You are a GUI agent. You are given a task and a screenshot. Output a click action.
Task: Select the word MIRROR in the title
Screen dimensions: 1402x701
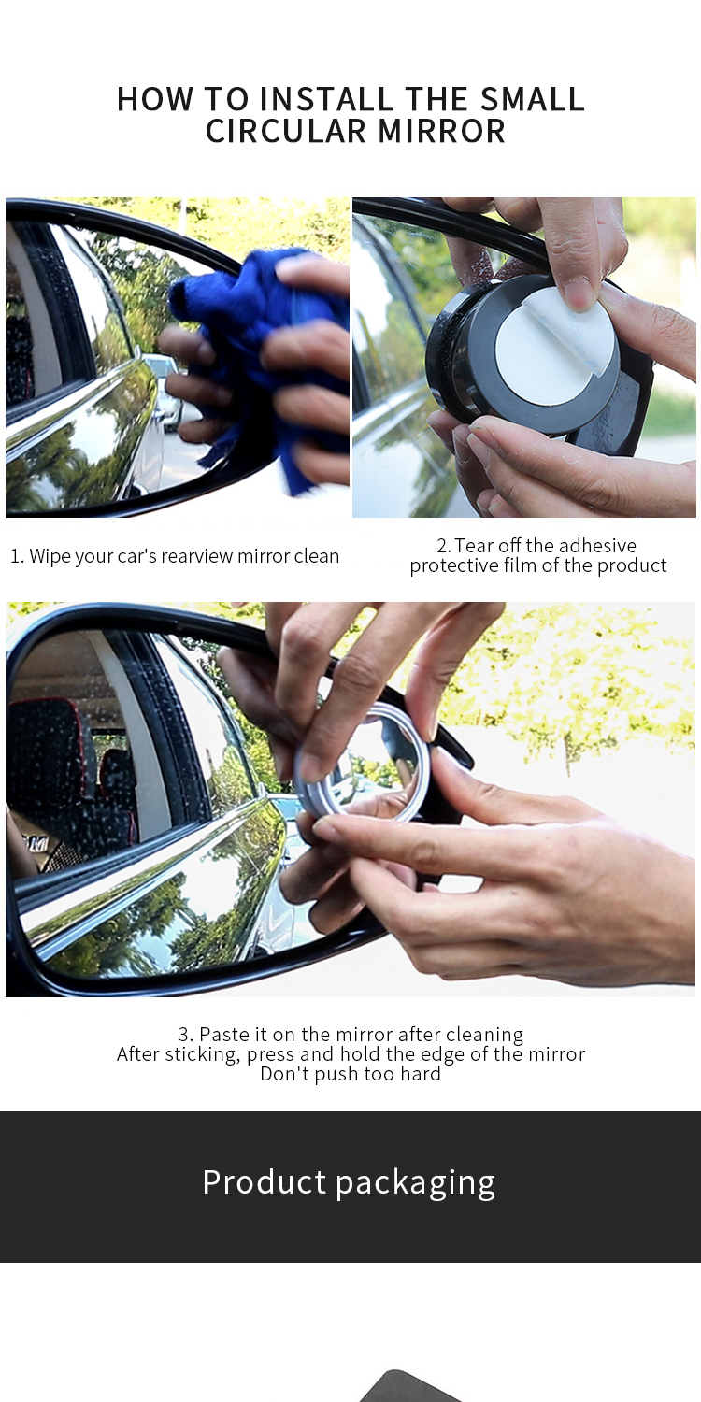point(442,131)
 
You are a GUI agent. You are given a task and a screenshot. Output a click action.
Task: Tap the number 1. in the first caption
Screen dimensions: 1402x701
point(17,556)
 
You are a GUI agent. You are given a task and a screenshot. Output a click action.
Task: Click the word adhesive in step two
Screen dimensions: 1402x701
point(597,546)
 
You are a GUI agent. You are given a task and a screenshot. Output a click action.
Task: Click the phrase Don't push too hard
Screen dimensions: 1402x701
point(350,1074)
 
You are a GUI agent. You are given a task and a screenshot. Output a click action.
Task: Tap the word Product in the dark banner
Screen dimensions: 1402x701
point(265,1182)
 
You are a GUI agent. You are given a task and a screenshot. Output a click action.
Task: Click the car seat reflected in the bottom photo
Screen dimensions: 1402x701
point(56,766)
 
